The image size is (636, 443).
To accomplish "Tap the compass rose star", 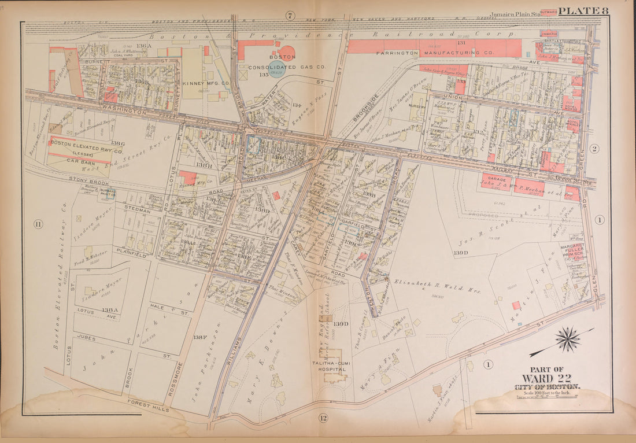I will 568,339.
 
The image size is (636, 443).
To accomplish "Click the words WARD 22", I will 546,378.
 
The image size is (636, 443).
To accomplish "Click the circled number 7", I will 290,15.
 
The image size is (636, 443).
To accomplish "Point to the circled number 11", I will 38,224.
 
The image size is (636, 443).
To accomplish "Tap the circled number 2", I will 594,149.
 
